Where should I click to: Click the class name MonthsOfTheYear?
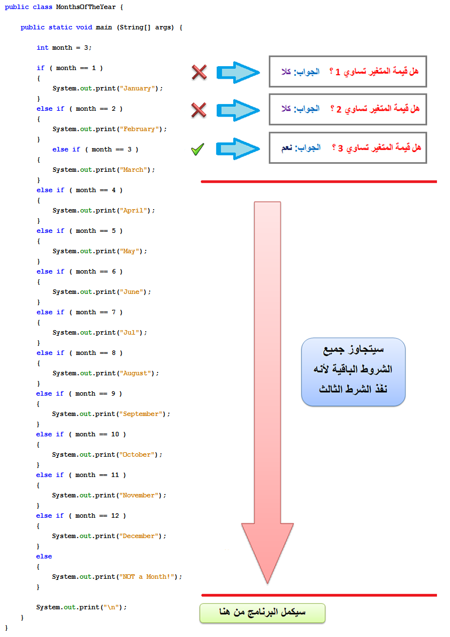(x=86, y=7)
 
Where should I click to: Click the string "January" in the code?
(x=138, y=89)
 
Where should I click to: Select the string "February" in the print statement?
(x=139, y=129)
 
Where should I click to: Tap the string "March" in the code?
(x=133, y=170)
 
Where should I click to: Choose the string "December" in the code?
(x=139, y=536)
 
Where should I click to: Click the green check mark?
(x=198, y=149)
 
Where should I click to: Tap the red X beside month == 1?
(x=199, y=72)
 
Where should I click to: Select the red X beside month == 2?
(x=199, y=110)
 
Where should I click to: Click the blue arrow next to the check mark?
(x=238, y=149)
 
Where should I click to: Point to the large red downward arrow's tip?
(x=268, y=583)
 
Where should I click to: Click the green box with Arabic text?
(x=262, y=613)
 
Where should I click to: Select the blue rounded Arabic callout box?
(x=353, y=372)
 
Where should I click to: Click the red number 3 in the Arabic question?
(x=340, y=148)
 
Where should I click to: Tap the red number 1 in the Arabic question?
(x=338, y=72)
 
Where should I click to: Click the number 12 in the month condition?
(x=115, y=516)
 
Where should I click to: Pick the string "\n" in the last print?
(x=109, y=608)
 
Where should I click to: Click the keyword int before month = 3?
(x=42, y=48)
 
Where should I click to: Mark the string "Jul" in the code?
(x=129, y=333)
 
